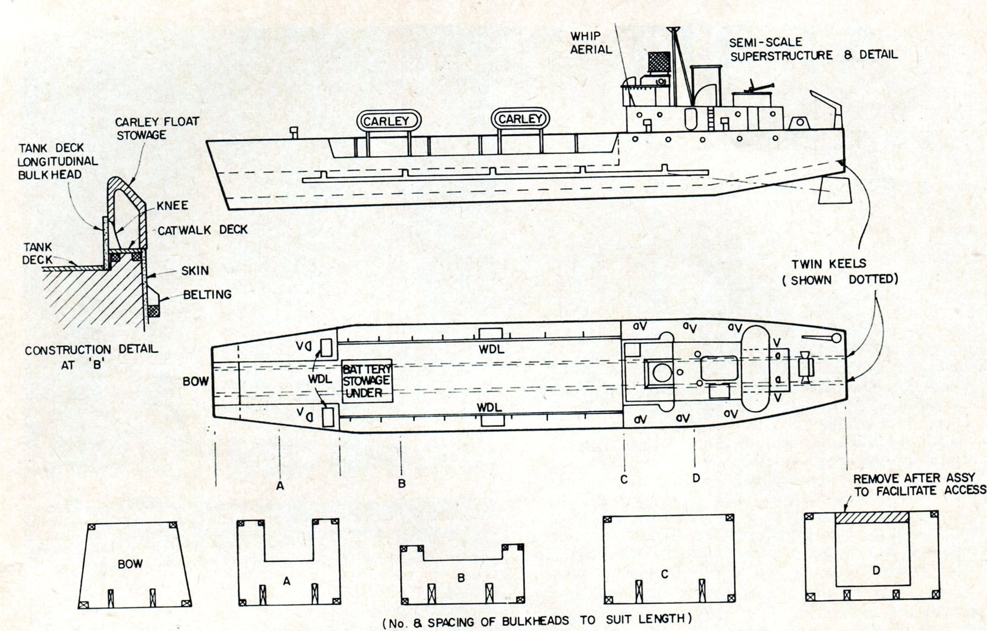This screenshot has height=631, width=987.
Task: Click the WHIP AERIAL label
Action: tap(591, 43)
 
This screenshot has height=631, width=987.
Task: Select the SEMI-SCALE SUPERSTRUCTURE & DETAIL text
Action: tap(813, 49)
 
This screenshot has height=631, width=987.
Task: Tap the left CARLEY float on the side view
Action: tap(388, 120)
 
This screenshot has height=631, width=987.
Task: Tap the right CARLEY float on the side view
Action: tap(520, 119)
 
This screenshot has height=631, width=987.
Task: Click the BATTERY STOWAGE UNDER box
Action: tap(367, 381)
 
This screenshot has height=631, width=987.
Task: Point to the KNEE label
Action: tap(172, 206)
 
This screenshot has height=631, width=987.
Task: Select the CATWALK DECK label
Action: tap(203, 230)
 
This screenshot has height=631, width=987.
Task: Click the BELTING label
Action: tap(207, 294)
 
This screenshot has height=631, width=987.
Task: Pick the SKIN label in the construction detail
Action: tap(195, 270)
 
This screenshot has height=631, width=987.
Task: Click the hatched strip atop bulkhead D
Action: tap(871, 518)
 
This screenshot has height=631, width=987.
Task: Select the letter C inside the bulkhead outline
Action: tap(664, 574)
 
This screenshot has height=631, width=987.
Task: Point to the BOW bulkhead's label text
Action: tap(130, 564)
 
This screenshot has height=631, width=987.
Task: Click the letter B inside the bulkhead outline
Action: tap(461, 578)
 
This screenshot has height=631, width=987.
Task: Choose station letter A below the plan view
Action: tap(280, 486)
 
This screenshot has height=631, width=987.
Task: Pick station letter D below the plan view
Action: tap(696, 478)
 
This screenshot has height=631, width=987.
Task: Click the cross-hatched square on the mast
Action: tap(657, 63)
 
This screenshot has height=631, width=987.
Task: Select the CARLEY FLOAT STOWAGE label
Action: tap(157, 128)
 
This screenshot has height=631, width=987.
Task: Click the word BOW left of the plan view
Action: tap(196, 381)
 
